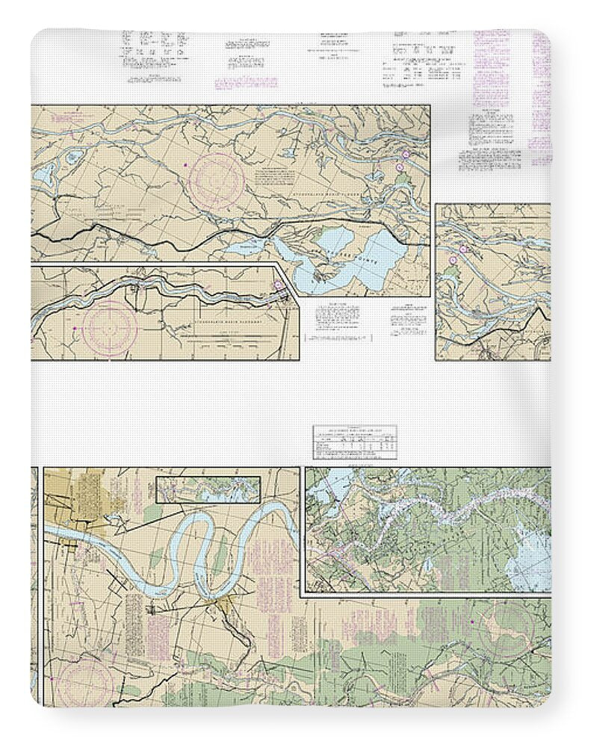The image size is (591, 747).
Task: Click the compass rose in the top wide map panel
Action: point(217,177)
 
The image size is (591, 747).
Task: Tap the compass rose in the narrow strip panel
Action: point(110,327)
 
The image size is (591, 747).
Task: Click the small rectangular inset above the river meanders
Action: point(208,489)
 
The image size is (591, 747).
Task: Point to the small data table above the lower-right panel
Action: point(355,442)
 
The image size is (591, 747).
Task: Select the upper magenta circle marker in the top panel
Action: point(404,155)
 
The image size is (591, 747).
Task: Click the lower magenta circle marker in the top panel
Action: point(397,170)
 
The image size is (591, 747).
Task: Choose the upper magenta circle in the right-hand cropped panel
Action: point(462,249)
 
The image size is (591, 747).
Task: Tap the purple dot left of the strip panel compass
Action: point(75,328)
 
